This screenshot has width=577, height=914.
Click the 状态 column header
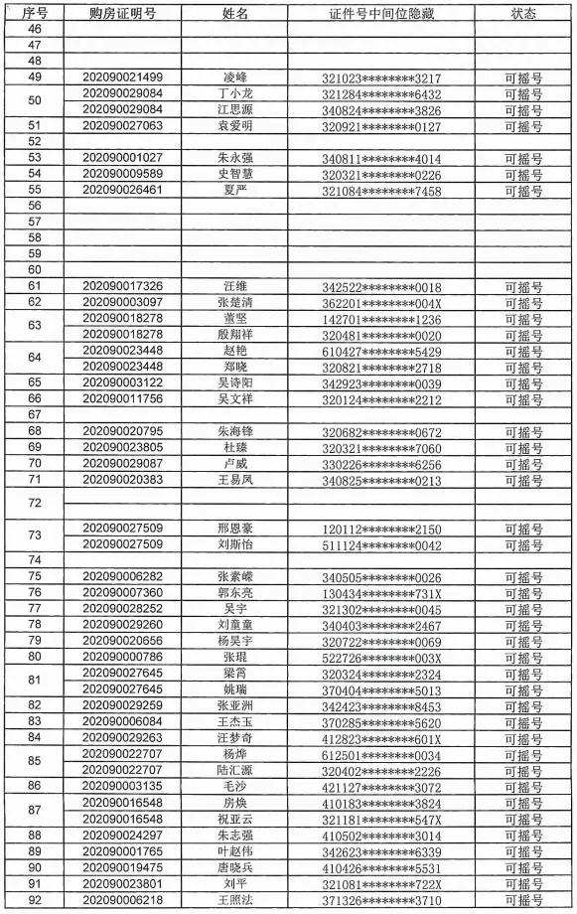point(523,13)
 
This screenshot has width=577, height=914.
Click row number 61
point(35,286)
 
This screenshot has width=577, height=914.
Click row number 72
point(35,503)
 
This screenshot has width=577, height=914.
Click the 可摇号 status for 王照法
point(523,898)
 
